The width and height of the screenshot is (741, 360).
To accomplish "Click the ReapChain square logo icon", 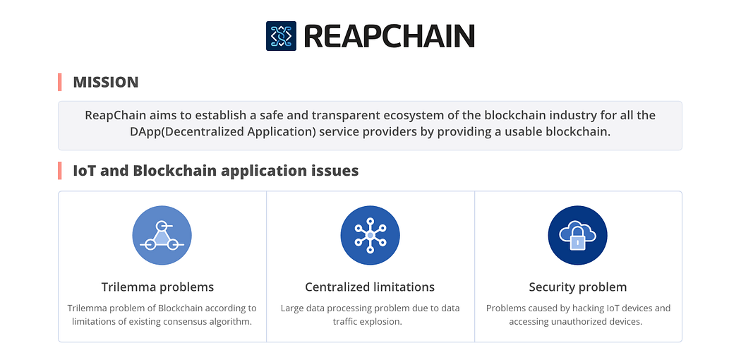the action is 281,36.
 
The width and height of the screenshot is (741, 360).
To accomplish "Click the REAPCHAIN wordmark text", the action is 389,37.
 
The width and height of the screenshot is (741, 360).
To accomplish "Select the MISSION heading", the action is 105,82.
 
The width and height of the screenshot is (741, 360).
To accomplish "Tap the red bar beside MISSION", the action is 59,82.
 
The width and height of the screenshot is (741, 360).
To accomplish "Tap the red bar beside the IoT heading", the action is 59,171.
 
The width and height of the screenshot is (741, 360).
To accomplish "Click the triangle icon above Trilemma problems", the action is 162,235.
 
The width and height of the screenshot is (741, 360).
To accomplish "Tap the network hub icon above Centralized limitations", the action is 370,235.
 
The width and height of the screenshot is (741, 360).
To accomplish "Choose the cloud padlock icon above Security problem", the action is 577,235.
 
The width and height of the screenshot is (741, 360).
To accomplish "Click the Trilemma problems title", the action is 158,287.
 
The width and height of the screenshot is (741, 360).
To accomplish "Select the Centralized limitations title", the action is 370,287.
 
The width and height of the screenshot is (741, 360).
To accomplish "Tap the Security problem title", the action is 578,287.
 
